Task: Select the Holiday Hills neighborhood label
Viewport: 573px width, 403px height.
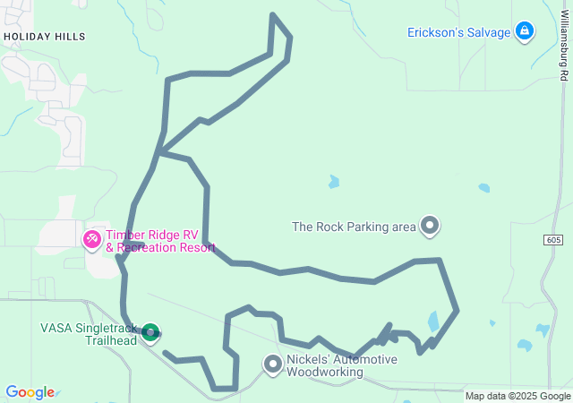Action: (45, 37)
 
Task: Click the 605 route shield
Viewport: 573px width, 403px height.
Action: (553, 240)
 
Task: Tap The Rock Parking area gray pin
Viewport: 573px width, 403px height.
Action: (431, 226)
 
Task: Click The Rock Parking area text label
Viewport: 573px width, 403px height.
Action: (354, 227)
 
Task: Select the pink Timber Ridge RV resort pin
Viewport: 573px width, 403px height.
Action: (92, 239)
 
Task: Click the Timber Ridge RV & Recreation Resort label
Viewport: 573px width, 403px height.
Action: (160, 241)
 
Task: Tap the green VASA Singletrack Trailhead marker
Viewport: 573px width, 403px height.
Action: (150, 333)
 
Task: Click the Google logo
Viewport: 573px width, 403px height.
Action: (30, 392)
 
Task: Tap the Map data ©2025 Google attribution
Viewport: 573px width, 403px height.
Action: (517, 396)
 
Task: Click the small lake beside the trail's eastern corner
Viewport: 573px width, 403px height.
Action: (434, 321)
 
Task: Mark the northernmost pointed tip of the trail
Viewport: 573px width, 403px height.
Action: (272, 15)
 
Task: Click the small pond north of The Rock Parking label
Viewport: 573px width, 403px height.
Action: (334, 182)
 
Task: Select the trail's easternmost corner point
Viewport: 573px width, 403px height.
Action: (458, 311)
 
